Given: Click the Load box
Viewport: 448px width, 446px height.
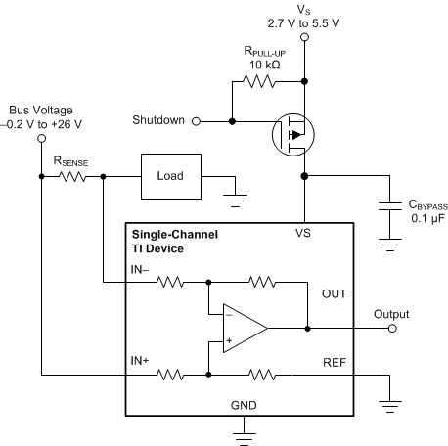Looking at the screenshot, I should point(172,178).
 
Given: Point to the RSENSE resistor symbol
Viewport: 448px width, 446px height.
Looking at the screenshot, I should point(72,177).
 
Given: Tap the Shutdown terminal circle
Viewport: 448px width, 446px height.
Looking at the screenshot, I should point(196,121).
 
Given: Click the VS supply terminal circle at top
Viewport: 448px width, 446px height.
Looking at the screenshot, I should point(307,37).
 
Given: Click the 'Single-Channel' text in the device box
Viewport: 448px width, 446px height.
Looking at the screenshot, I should point(176,235).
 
